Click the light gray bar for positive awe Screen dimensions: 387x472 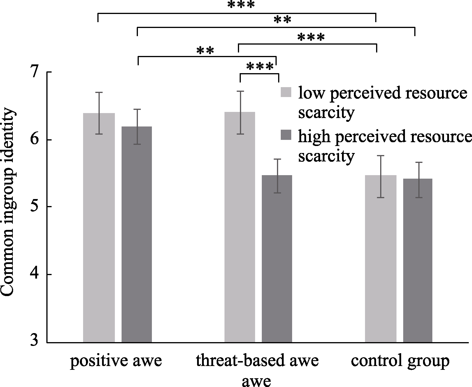pos(99,227)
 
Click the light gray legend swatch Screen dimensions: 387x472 pos(286,92)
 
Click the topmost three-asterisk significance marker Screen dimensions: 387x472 pos(241,5)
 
